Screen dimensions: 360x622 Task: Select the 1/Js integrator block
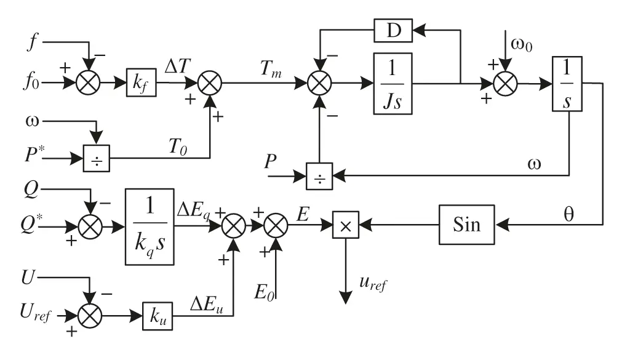(x=392, y=83)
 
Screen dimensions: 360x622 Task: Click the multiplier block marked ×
(x=346, y=226)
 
